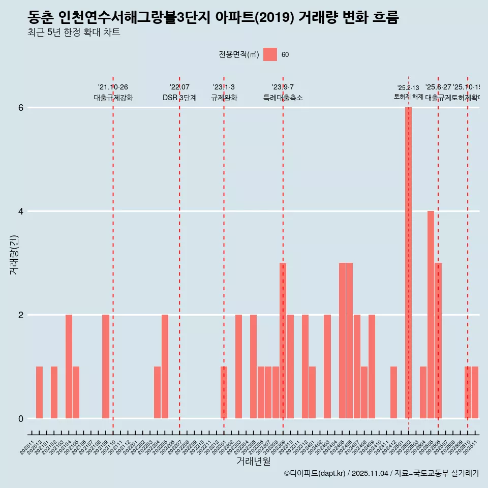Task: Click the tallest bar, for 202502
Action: [x=408, y=263]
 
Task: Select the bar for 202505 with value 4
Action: [x=431, y=315]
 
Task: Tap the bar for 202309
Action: [x=283, y=341]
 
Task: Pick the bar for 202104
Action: [x=69, y=367]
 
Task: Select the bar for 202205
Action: [x=165, y=367]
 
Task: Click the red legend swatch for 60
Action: [x=270, y=54]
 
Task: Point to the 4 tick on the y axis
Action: [x=21, y=211]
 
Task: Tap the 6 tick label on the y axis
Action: [x=21, y=107]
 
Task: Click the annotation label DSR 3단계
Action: [x=179, y=98]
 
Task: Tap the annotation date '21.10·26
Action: [x=113, y=87]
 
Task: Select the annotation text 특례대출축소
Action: [x=283, y=98]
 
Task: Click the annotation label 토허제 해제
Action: [x=408, y=97]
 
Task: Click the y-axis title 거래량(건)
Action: [x=14, y=255]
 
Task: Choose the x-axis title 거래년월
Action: [x=253, y=462]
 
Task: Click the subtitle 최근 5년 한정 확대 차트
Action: [x=74, y=33]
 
